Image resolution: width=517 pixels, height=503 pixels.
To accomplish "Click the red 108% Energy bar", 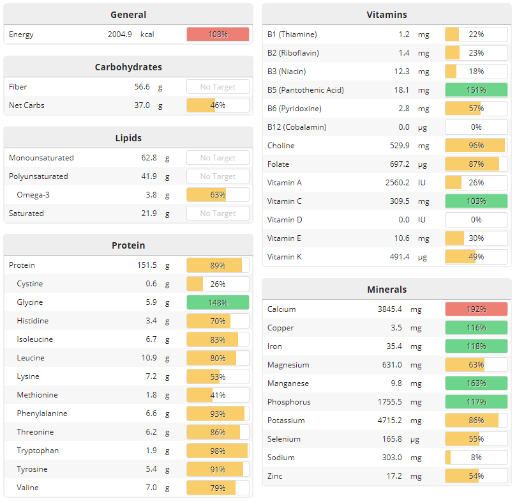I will pyautogui.click(x=218, y=35).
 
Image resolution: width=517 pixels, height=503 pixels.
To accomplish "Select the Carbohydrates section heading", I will pyautogui.click(x=128, y=67).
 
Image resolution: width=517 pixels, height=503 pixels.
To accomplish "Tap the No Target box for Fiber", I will pyautogui.click(x=218, y=87).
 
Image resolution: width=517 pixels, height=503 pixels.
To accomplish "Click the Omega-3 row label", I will pyautogui.click(x=33, y=195).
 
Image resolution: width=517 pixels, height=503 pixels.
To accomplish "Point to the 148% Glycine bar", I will pyautogui.click(x=218, y=302).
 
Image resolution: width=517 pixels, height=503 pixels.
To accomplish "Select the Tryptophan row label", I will pyautogui.click(x=38, y=451).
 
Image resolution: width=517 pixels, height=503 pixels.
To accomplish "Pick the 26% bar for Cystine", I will pyautogui.click(x=218, y=284).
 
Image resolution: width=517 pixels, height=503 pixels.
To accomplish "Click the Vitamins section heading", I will pyautogui.click(x=387, y=15).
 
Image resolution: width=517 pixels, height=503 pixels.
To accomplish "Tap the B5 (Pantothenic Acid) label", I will pyautogui.click(x=306, y=90).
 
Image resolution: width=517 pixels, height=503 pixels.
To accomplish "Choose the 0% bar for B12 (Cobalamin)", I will pyautogui.click(x=476, y=127).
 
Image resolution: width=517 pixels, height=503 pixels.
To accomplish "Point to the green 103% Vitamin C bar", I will pyautogui.click(x=476, y=201).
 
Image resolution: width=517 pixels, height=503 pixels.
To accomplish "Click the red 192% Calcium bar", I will pyautogui.click(x=476, y=309).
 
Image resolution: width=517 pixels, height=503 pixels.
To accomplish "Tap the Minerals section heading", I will pyautogui.click(x=387, y=290).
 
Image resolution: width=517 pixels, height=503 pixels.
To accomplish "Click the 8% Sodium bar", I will pyautogui.click(x=476, y=458).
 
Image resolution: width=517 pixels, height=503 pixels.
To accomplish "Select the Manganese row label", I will pyautogui.click(x=288, y=383).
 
